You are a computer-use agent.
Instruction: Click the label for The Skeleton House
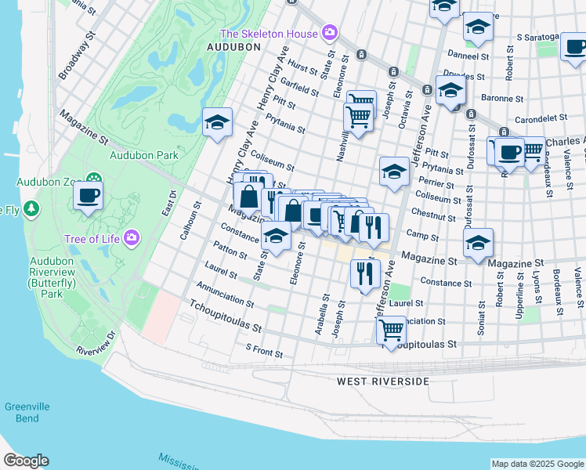[x=269, y=34]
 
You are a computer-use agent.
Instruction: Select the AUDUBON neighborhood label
[x=233, y=47]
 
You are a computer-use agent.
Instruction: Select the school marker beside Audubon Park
[x=217, y=122]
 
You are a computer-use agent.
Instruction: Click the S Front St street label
[x=264, y=350]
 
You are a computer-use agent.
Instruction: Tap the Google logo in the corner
[x=26, y=461]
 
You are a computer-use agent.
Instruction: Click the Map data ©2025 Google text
[x=537, y=464]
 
